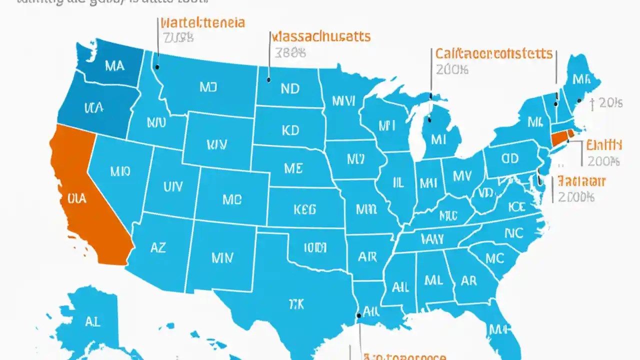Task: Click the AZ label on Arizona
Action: click(x=158, y=247)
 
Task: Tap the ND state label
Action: click(x=290, y=88)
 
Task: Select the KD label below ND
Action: click(x=290, y=130)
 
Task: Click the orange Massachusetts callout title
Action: click(x=320, y=36)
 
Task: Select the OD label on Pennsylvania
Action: click(x=510, y=159)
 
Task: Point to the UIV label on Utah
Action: click(x=173, y=186)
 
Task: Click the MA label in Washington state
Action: click(x=115, y=66)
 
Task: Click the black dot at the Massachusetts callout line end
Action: click(x=268, y=79)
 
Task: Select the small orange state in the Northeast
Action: click(x=560, y=138)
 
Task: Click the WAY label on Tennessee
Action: click(x=432, y=239)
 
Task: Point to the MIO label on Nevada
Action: click(x=120, y=171)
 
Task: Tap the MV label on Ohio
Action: click(x=462, y=175)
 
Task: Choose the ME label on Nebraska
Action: click(x=293, y=168)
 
